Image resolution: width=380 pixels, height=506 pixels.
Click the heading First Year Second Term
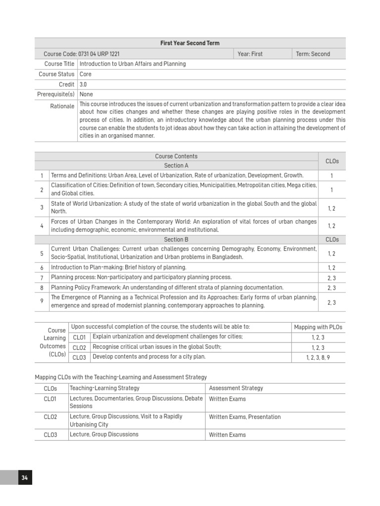190,43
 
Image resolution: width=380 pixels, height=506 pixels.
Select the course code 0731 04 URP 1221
82,54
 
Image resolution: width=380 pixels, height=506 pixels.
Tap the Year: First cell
250,54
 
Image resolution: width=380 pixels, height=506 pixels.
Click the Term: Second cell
313,54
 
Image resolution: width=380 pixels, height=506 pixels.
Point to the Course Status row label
56,74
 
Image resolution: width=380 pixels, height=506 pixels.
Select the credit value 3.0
83,84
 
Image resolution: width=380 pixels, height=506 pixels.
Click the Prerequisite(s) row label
55,94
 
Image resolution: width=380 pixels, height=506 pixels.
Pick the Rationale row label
62,106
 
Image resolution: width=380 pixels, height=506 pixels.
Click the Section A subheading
176,166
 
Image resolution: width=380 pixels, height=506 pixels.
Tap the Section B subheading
176,240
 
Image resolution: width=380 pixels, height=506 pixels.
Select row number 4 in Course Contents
42,226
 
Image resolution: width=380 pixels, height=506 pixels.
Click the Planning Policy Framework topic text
167,288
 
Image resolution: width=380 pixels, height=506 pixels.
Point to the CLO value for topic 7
332,278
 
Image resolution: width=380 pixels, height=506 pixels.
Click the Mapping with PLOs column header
318,327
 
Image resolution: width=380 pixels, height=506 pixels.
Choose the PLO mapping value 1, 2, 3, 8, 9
318,357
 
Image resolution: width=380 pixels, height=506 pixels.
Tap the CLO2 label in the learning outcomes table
79,347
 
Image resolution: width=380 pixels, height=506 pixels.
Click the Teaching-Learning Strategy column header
104,388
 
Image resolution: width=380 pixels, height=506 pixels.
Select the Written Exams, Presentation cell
244,417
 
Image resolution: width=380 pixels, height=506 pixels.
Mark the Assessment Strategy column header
236,388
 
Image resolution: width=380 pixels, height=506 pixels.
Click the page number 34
24,478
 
